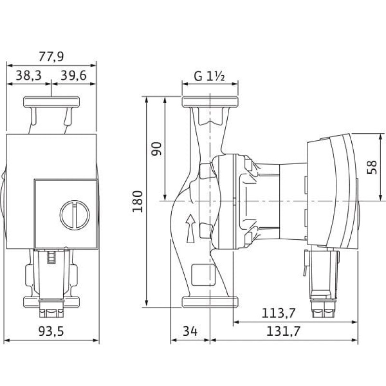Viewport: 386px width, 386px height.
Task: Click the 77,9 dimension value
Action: pos(51,56)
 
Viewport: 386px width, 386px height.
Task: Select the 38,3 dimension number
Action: pos(28,75)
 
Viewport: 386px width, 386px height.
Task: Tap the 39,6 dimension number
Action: pos(74,75)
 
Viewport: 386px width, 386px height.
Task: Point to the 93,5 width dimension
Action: pos(51,331)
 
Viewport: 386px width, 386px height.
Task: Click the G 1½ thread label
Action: pos(209,76)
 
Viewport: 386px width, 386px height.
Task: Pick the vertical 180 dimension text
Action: pos(138,201)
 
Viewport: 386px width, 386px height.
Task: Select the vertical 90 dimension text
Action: pos(156,149)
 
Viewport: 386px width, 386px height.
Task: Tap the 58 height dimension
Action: pos(372,167)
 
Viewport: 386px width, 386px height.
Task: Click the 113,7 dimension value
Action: pos(278,313)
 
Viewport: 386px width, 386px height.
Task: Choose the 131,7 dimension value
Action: pos(283,331)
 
